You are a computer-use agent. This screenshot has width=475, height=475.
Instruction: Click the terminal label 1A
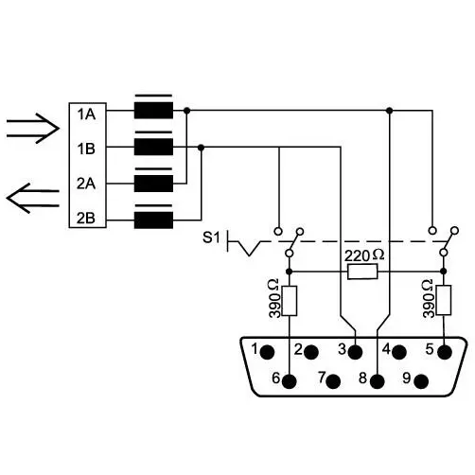[x=86, y=114]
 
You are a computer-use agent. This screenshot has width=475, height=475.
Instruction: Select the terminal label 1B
[x=86, y=149]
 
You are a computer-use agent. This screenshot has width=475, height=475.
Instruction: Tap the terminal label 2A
[x=86, y=184]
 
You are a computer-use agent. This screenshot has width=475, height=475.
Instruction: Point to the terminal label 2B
[x=86, y=218]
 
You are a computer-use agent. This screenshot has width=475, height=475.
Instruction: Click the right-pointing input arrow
[x=33, y=129]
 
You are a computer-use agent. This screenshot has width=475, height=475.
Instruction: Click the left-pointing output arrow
[x=33, y=199]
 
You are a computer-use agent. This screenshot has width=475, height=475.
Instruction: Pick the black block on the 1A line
[x=153, y=111]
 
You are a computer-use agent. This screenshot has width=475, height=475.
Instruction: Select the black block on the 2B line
[x=153, y=220]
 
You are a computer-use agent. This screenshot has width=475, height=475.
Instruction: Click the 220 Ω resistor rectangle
[x=362, y=272]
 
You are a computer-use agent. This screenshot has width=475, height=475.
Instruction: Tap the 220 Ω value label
[x=364, y=255]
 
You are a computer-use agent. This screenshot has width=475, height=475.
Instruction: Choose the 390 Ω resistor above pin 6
[x=290, y=301]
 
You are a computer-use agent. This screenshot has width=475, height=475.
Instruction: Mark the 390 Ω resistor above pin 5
[x=444, y=300]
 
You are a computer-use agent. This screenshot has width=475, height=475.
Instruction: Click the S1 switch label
[x=211, y=237]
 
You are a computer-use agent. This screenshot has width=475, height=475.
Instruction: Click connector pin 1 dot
[x=268, y=352]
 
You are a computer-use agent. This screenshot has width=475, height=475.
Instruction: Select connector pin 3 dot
[x=356, y=352]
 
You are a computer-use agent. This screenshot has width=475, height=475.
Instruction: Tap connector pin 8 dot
[x=378, y=381]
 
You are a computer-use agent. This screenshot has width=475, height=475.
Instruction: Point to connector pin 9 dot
[x=421, y=381]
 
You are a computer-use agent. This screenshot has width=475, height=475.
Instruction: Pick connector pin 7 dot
[x=333, y=381]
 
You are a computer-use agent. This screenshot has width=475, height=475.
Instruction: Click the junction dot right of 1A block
[x=187, y=111]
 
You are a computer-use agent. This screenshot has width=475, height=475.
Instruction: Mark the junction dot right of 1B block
[x=201, y=148]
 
